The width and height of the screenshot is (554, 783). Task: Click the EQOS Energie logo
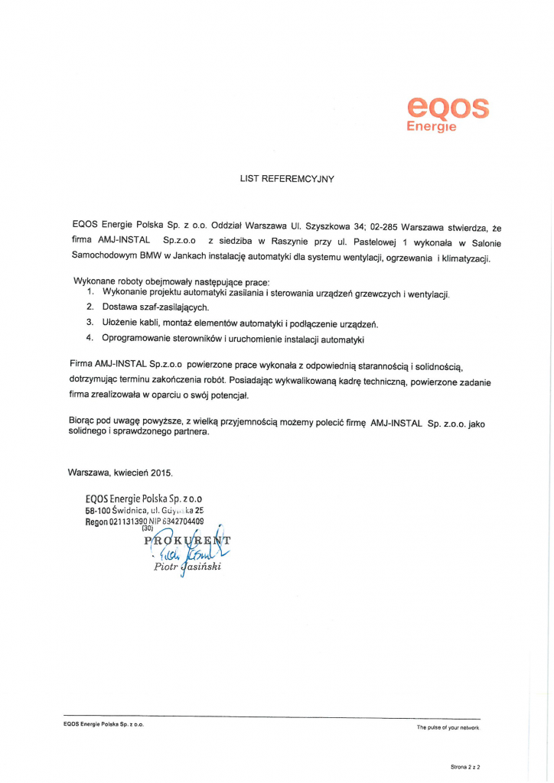pyautogui.click(x=447, y=114)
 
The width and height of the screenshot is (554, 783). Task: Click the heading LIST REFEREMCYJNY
pyautogui.click(x=287, y=178)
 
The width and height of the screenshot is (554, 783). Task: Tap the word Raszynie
pyautogui.click(x=288, y=242)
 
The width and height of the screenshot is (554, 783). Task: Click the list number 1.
pyautogui.click(x=90, y=293)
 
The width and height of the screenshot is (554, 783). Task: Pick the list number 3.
pyautogui.click(x=90, y=322)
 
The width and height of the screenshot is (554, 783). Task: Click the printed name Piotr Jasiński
pyautogui.click(x=187, y=567)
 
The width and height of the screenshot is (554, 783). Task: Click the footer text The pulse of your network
pyautogui.click(x=448, y=727)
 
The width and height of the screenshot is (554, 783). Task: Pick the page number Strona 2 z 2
pyautogui.click(x=465, y=765)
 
